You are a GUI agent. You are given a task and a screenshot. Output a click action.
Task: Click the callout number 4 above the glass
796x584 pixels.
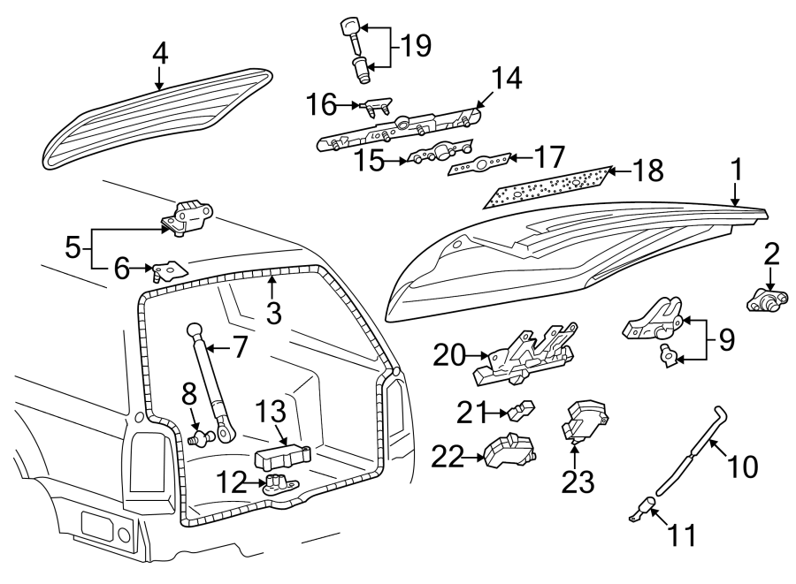[x=159, y=55]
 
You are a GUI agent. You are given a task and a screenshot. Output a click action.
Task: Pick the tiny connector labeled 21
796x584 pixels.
[x=521, y=410]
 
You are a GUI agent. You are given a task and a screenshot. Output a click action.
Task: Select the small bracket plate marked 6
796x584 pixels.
[x=167, y=269]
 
